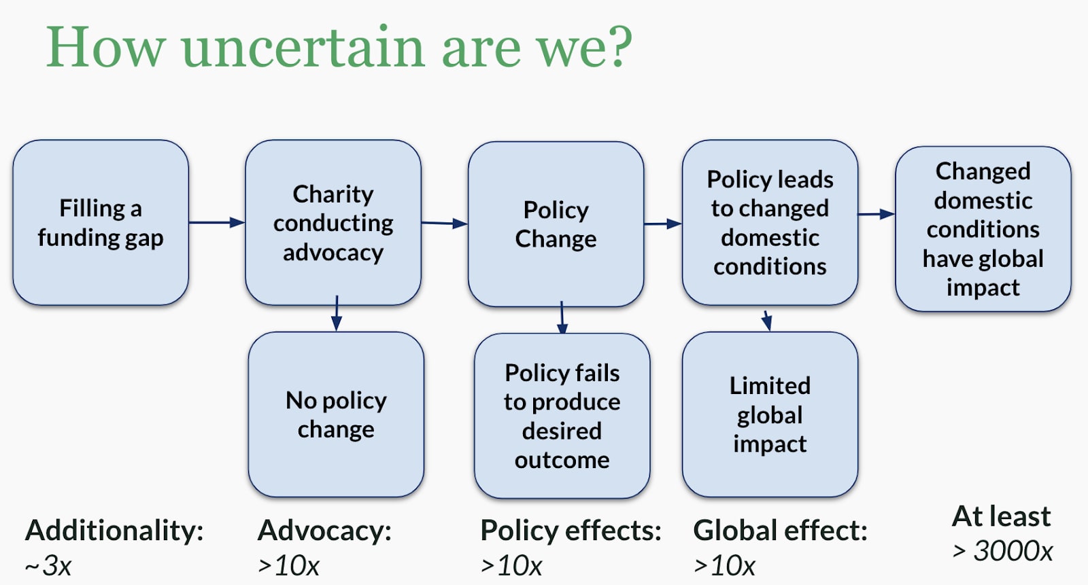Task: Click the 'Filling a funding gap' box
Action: pos(101,222)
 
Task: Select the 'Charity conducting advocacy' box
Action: pos(333,222)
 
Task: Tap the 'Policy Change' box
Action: pos(556,224)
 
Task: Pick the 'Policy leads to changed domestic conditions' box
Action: pos(770,222)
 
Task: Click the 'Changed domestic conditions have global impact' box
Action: pos(983,229)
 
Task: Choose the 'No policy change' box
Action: pos(336,414)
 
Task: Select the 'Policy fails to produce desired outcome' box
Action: pos(562,416)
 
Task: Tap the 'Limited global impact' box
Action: pos(770,414)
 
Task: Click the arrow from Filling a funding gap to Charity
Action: pos(217,222)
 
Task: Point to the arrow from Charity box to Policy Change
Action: pos(445,224)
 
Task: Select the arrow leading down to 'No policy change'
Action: pos(337,313)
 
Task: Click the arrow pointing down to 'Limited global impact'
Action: pos(767,321)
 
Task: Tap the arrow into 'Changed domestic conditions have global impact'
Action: pos(877,214)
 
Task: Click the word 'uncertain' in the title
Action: pos(303,48)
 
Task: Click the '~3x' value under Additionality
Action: pos(48,565)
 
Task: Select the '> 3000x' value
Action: pos(1002,551)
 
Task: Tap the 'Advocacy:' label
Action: pos(324,530)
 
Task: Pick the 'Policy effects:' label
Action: pos(571,530)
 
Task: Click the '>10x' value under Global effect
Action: pos(724,565)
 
